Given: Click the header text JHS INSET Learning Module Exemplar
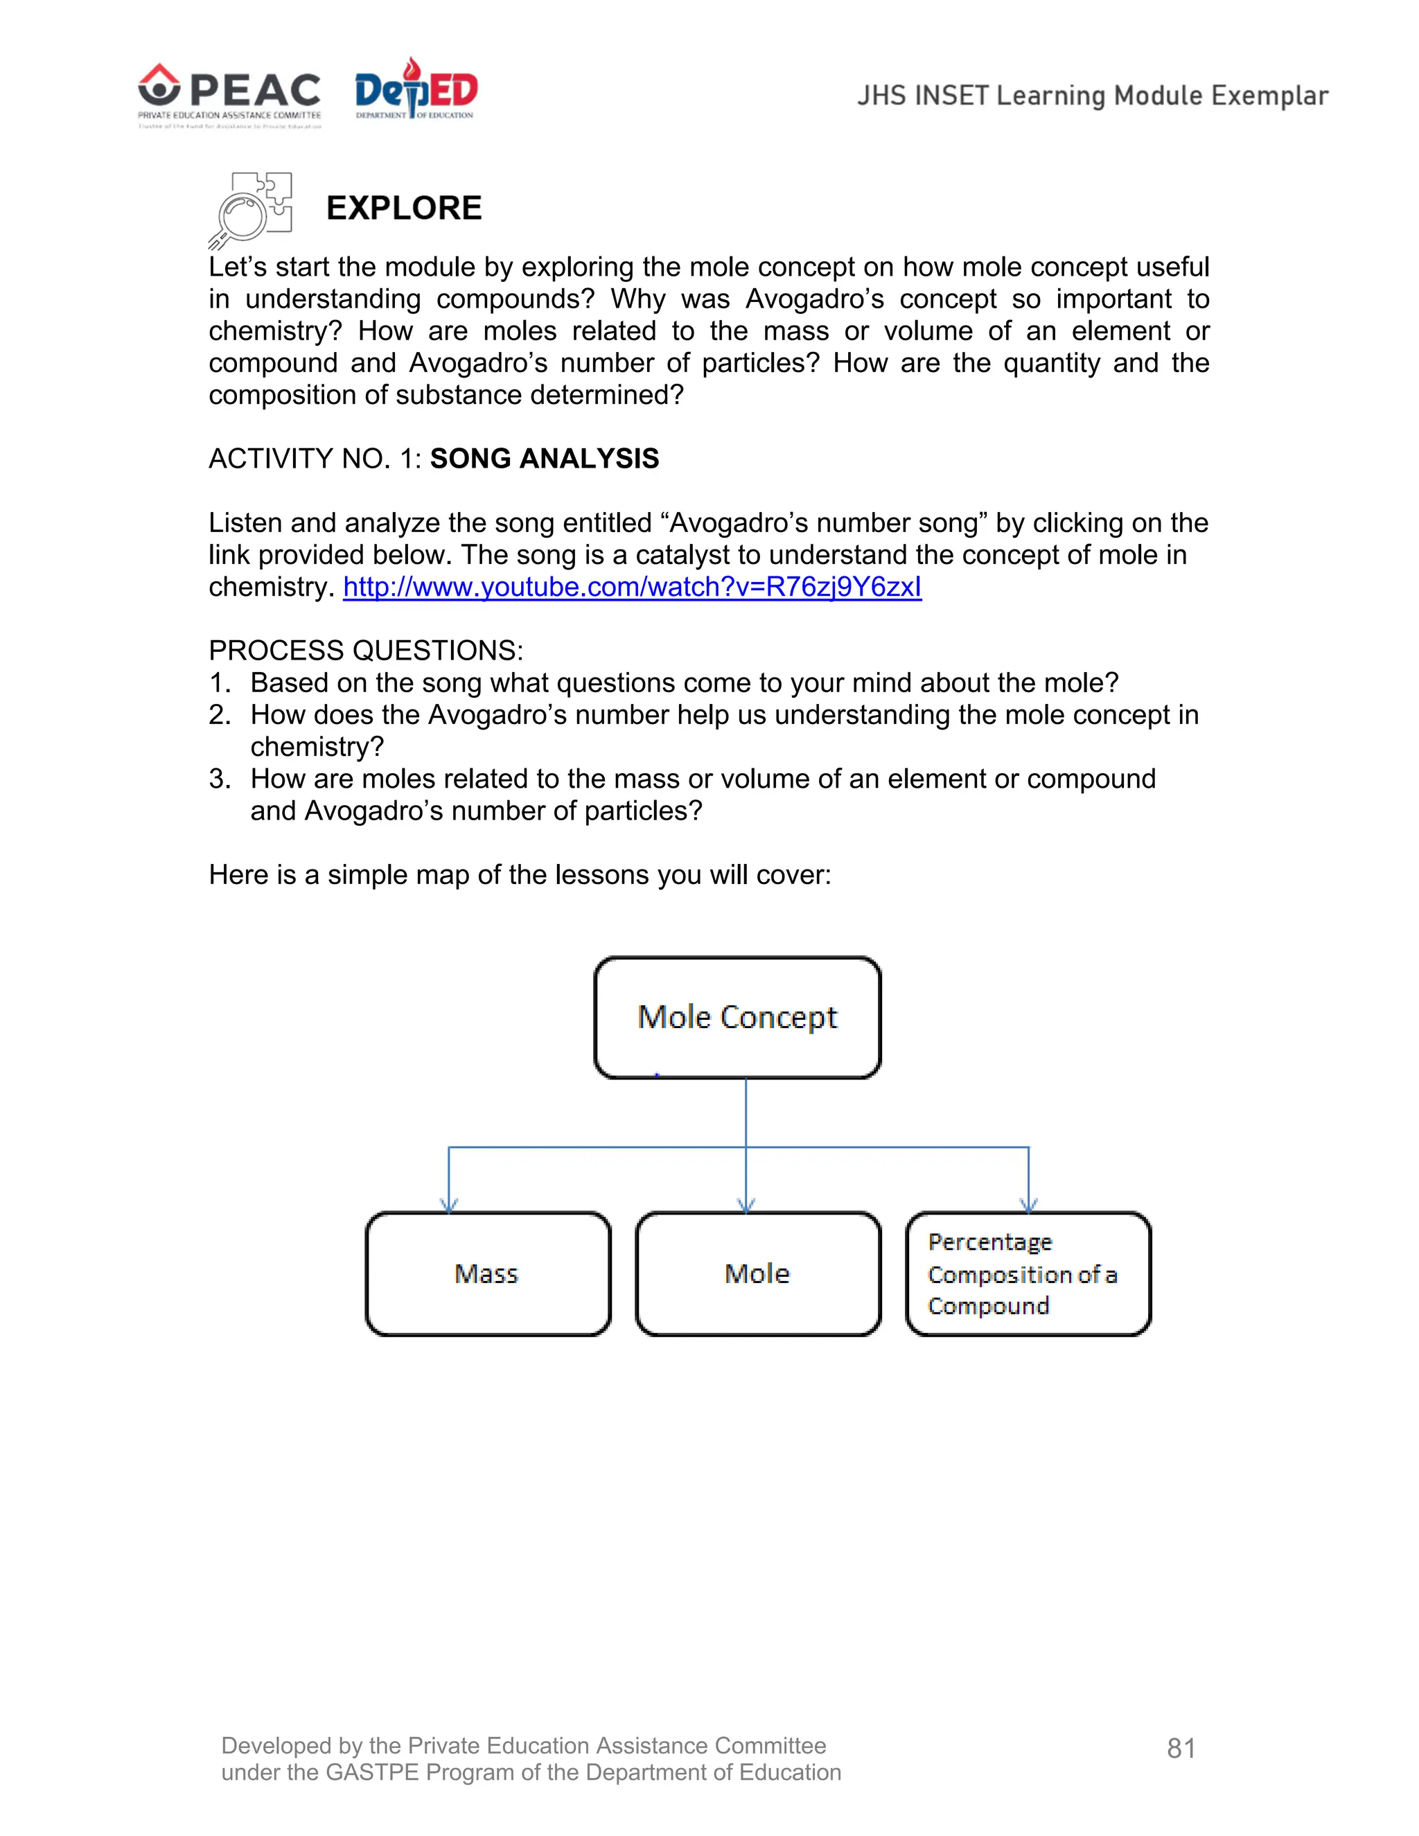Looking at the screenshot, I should (1092, 96).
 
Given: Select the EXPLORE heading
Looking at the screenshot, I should (403, 209).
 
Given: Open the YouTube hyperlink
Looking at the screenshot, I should (631, 587).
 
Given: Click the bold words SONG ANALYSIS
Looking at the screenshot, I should (544, 459).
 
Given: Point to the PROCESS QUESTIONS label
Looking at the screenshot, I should (366, 651).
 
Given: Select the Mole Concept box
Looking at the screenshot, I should (737, 1017).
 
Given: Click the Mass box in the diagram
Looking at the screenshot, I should (488, 1273).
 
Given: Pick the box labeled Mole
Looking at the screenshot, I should (757, 1273).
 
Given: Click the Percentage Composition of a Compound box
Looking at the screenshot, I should (1028, 1273).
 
